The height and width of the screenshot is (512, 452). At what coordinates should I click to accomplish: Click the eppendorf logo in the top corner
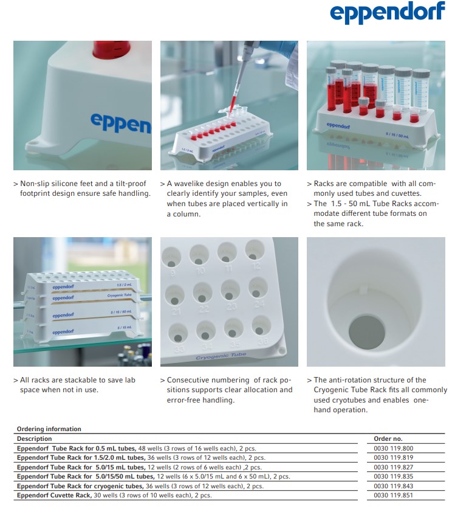[x=388, y=12]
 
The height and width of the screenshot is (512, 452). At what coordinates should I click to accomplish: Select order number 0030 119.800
[x=393, y=448]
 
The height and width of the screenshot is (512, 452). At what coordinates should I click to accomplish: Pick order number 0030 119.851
[x=393, y=495]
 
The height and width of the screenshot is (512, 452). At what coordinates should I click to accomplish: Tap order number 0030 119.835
[x=393, y=476]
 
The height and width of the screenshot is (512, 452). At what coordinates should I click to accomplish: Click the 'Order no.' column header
[x=388, y=438]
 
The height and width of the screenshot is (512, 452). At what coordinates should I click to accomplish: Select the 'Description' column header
[x=34, y=438]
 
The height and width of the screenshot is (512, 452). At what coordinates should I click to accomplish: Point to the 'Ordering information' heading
[x=49, y=429]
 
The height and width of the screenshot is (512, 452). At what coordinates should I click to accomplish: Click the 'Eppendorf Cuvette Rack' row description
[x=114, y=495]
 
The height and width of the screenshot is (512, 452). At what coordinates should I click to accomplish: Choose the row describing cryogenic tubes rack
[x=140, y=486]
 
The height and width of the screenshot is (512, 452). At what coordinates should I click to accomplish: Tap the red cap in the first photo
[x=111, y=49]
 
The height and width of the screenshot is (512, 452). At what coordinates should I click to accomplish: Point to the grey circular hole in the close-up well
[x=367, y=332]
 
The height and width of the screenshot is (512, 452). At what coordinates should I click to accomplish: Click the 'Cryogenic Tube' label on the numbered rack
[x=221, y=356]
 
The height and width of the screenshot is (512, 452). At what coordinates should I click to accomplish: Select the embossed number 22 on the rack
[x=204, y=308]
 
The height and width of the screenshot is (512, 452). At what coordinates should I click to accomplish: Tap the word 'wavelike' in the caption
[x=188, y=184]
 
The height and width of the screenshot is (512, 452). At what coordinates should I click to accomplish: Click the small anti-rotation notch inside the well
[x=364, y=288]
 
